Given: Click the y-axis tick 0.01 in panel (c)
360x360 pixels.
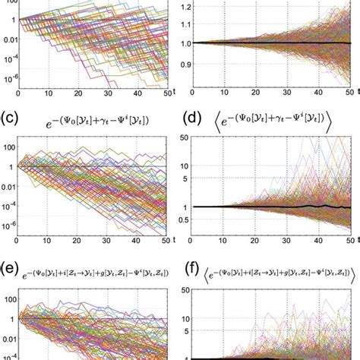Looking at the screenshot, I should [8, 183].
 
